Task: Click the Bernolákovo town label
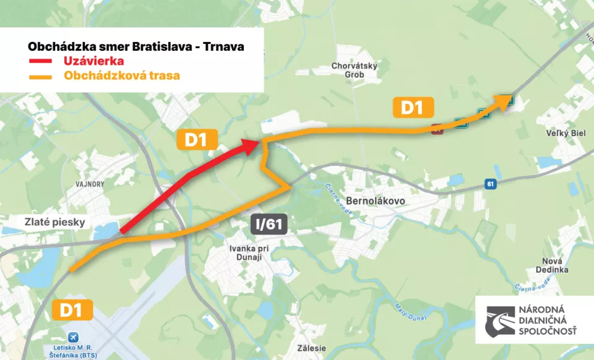pyautogui.click(x=375, y=201)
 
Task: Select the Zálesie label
pyautogui.click(x=311, y=348)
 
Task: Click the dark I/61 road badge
pyautogui.click(x=269, y=225)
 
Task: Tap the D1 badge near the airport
pyautogui.click(x=72, y=309)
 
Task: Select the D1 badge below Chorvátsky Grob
pyautogui.click(x=412, y=108)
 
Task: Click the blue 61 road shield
pyautogui.click(x=491, y=184)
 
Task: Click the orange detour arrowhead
pyautogui.click(x=502, y=101)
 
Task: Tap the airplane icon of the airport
pyautogui.click(x=74, y=336)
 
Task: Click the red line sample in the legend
pyautogui.click(x=40, y=61)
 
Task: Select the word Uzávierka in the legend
pyautogui.click(x=93, y=61)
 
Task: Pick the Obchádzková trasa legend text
pyautogui.click(x=121, y=76)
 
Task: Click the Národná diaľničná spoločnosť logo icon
pyautogui.click(x=500, y=321)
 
